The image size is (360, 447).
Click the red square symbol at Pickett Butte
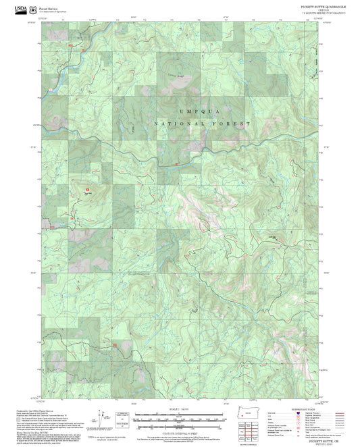86,189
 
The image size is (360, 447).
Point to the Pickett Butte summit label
86,193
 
